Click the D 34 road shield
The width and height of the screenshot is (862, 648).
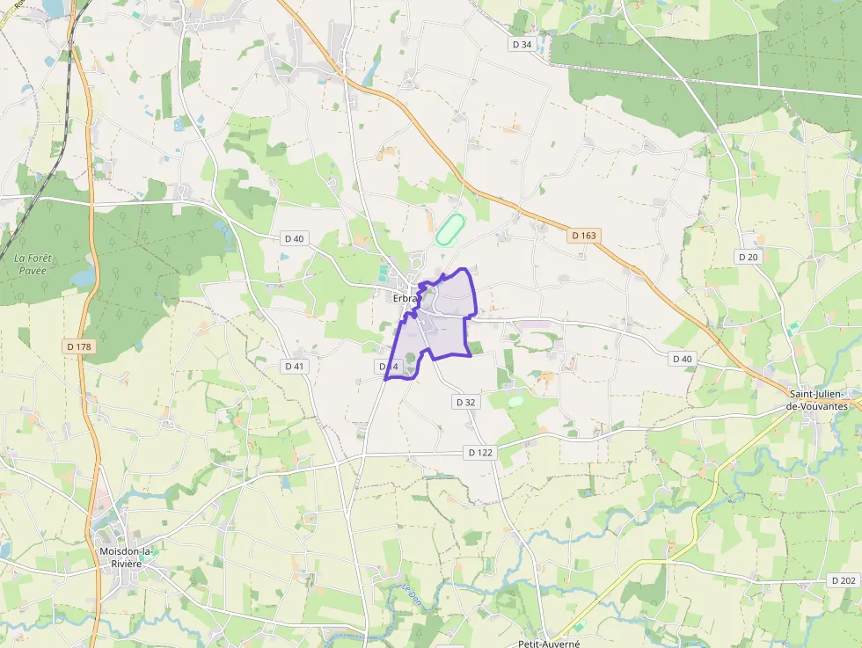(x=522, y=44)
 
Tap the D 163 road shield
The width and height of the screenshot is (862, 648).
(x=583, y=236)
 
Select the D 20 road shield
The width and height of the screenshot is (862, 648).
(x=748, y=257)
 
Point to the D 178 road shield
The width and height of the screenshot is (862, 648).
(x=79, y=346)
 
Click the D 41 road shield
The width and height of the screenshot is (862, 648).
(x=296, y=366)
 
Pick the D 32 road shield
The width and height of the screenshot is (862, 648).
(x=466, y=402)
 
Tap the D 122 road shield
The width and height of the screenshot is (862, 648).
(x=481, y=452)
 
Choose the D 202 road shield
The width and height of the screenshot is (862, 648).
(x=844, y=581)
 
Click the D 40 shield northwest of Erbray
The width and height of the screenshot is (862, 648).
(x=294, y=238)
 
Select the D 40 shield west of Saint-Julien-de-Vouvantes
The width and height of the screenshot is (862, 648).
(x=683, y=359)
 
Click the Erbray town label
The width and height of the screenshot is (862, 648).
(x=405, y=299)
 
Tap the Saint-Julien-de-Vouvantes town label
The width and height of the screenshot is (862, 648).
(x=822, y=400)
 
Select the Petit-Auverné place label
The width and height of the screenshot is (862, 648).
(x=549, y=643)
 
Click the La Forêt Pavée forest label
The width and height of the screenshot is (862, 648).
(x=34, y=264)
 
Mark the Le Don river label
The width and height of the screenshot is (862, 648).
(x=410, y=594)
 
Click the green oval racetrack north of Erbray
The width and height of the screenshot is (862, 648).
(x=450, y=230)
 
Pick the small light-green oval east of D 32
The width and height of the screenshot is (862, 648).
(x=515, y=401)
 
